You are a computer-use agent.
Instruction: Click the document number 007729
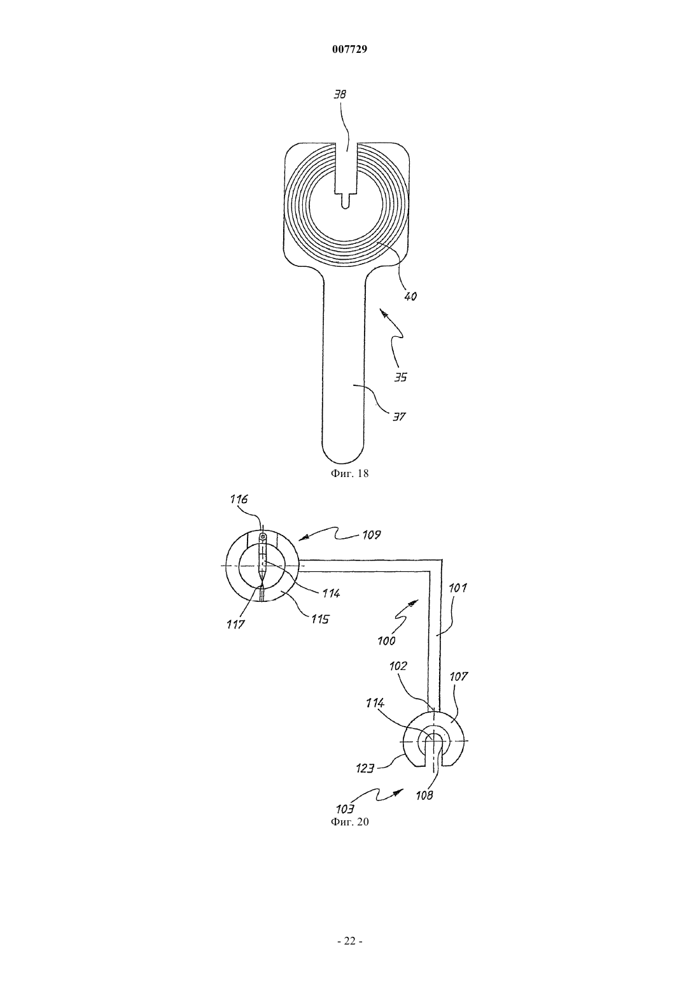(x=349, y=50)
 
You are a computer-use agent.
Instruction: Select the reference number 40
(x=410, y=296)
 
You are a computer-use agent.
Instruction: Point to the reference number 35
(x=400, y=378)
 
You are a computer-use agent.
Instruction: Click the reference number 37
(x=399, y=417)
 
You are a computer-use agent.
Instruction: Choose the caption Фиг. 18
(x=349, y=473)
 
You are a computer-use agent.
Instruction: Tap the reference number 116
(x=239, y=499)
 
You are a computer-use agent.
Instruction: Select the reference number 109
(x=371, y=535)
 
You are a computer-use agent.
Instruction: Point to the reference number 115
(x=320, y=619)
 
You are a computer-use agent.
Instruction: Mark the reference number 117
(x=235, y=625)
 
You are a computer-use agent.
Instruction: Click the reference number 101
(x=458, y=588)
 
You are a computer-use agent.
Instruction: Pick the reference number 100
(x=387, y=641)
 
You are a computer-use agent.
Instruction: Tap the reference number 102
(x=398, y=679)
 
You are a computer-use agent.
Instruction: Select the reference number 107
(x=459, y=689)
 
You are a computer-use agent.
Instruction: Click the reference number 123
(x=365, y=769)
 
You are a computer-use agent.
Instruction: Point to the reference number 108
(x=424, y=795)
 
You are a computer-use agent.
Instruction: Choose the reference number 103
(x=345, y=809)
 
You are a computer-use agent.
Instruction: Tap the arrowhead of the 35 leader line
(x=384, y=313)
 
